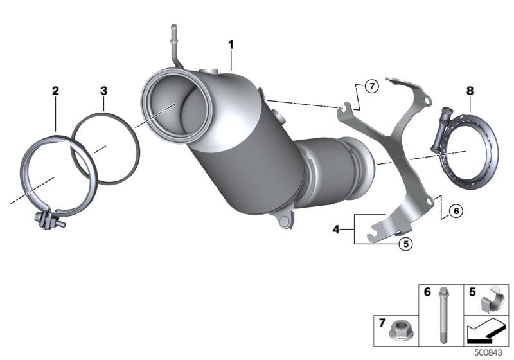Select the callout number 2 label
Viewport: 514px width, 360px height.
(56, 91)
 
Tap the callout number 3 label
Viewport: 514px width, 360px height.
(103, 91)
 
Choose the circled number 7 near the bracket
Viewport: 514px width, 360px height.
(371, 85)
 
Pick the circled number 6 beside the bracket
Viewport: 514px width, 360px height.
(455, 210)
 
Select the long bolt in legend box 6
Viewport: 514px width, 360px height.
(442, 315)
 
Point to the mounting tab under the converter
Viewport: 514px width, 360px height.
(282, 221)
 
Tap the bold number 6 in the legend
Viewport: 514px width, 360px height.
(426, 292)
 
